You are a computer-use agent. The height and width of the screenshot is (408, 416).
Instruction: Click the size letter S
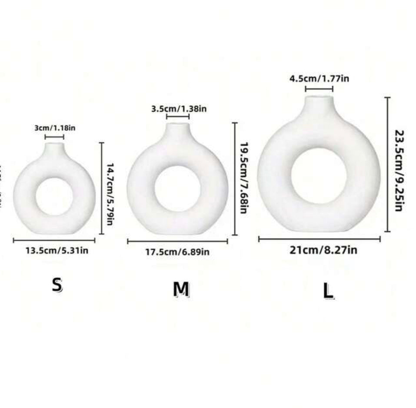(57, 285)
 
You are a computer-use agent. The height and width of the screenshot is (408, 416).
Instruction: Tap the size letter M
(181, 289)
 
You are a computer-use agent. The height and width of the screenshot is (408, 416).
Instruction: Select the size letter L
(328, 291)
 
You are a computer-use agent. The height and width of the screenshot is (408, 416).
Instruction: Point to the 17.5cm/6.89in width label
(177, 252)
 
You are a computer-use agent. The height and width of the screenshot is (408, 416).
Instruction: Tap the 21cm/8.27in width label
(323, 250)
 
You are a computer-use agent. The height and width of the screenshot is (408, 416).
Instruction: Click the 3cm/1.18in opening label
(55, 128)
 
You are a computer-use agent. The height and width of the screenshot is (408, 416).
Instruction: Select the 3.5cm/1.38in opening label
(179, 109)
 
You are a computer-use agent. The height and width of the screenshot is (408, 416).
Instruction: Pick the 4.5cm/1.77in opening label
(319, 79)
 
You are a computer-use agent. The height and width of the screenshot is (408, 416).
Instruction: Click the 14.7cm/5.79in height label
(110, 188)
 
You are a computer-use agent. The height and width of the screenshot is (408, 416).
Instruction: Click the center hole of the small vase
(54, 196)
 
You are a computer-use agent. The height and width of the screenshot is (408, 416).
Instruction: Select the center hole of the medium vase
(177, 188)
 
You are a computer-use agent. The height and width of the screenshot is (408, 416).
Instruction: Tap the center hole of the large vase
(319, 176)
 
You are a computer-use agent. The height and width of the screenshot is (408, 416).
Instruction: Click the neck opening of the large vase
(319, 98)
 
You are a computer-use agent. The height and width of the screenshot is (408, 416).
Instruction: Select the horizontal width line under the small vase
(54, 240)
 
